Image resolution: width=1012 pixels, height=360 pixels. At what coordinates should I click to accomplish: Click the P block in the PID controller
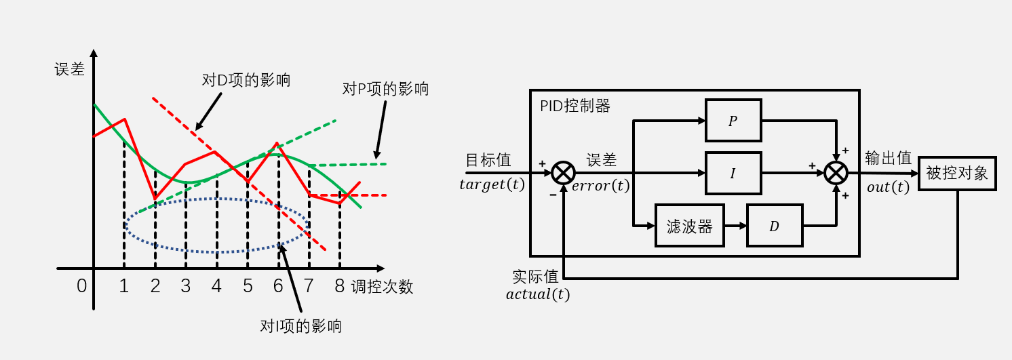click(733, 121)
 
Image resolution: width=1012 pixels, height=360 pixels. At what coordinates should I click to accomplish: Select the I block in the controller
click(733, 174)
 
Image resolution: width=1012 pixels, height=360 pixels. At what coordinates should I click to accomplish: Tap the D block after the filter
click(774, 226)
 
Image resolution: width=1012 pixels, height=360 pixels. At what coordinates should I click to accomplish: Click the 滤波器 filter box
click(690, 226)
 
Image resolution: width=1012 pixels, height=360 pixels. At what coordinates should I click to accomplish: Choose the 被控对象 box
click(957, 173)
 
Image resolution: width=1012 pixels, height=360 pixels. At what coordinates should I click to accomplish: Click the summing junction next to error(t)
click(563, 174)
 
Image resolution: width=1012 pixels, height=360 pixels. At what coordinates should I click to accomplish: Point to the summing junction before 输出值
click(836, 174)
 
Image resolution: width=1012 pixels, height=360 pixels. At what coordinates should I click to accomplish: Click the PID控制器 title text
click(575, 106)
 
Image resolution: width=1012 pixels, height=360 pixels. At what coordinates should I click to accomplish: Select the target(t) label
click(492, 184)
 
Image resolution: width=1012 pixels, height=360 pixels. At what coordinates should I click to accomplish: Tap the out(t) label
click(889, 187)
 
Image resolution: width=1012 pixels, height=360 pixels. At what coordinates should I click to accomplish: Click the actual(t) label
click(538, 294)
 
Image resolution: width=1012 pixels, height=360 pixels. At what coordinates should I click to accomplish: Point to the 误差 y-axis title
click(70, 69)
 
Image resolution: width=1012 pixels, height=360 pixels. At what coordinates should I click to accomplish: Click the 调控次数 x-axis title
click(382, 287)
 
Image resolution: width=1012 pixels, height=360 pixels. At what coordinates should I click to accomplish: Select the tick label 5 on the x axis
click(248, 287)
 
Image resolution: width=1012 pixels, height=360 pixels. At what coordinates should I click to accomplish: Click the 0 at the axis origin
click(81, 287)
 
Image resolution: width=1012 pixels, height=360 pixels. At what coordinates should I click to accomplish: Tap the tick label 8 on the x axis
click(339, 287)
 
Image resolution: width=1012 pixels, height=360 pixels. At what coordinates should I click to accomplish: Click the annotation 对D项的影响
click(246, 80)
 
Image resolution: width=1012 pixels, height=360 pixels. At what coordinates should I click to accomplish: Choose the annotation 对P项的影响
click(385, 89)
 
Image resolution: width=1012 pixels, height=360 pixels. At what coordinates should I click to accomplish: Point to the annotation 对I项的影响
click(301, 326)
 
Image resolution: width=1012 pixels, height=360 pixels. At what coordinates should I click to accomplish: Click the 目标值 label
click(488, 160)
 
